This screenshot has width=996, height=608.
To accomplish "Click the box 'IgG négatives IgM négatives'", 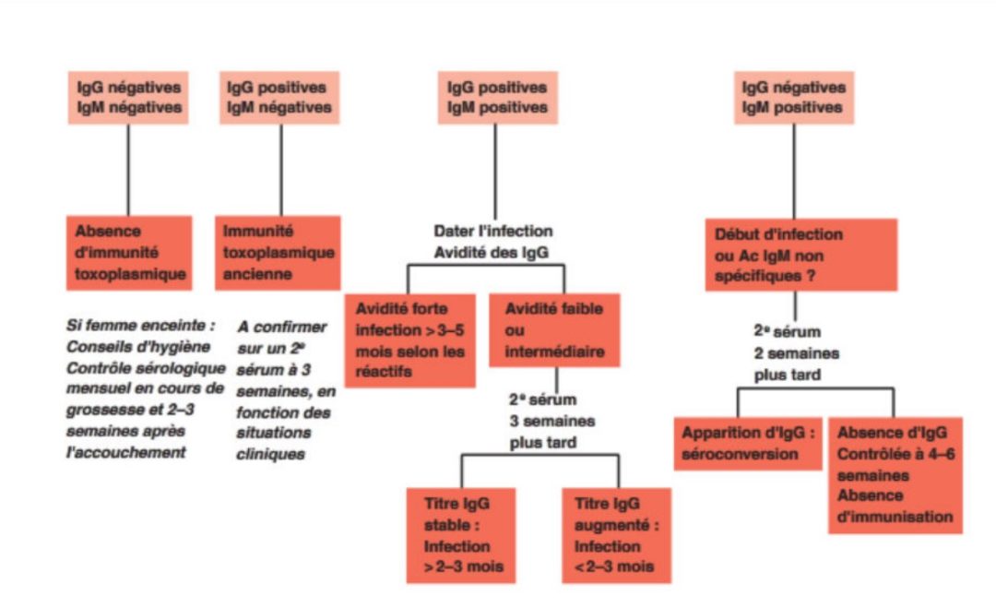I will [128, 98].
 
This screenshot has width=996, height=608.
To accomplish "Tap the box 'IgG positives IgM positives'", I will [496, 98].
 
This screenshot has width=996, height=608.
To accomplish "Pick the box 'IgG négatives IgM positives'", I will [794, 98].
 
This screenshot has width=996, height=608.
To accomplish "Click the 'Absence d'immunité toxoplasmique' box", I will [129, 253].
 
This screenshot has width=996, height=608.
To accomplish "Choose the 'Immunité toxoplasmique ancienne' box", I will [279, 253].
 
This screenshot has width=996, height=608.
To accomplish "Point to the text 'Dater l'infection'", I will [493, 231].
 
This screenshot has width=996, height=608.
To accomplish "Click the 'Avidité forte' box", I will [410, 340].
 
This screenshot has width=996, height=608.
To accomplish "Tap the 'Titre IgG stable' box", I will [461, 534].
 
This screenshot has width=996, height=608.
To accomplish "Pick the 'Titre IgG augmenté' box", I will [615, 534].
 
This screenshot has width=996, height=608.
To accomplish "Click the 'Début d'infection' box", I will [800, 255].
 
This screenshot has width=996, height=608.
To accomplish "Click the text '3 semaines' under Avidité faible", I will [552, 422].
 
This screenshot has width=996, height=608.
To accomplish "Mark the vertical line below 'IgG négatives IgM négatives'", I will [128, 170].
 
